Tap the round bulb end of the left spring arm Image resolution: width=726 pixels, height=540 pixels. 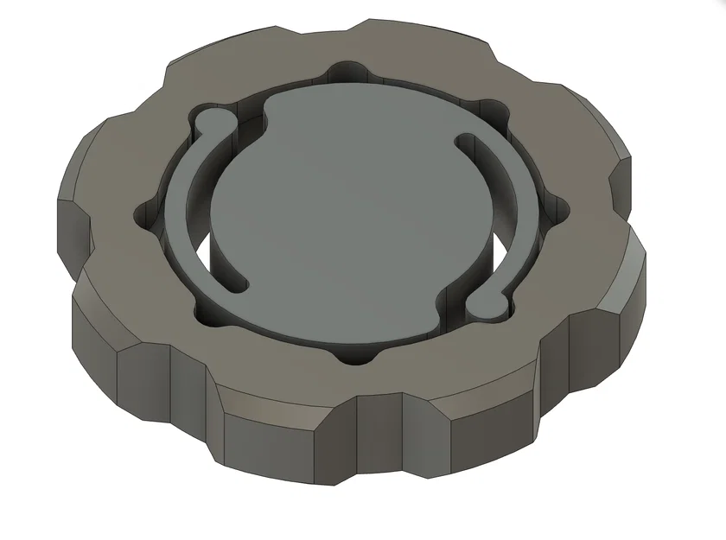pyautogui.click(x=208, y=122)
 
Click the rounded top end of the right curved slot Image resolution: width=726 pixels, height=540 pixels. pyautogui.click(x=466, y=139)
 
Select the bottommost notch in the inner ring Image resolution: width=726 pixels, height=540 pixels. pyautogui.click(x=361, y=354)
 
